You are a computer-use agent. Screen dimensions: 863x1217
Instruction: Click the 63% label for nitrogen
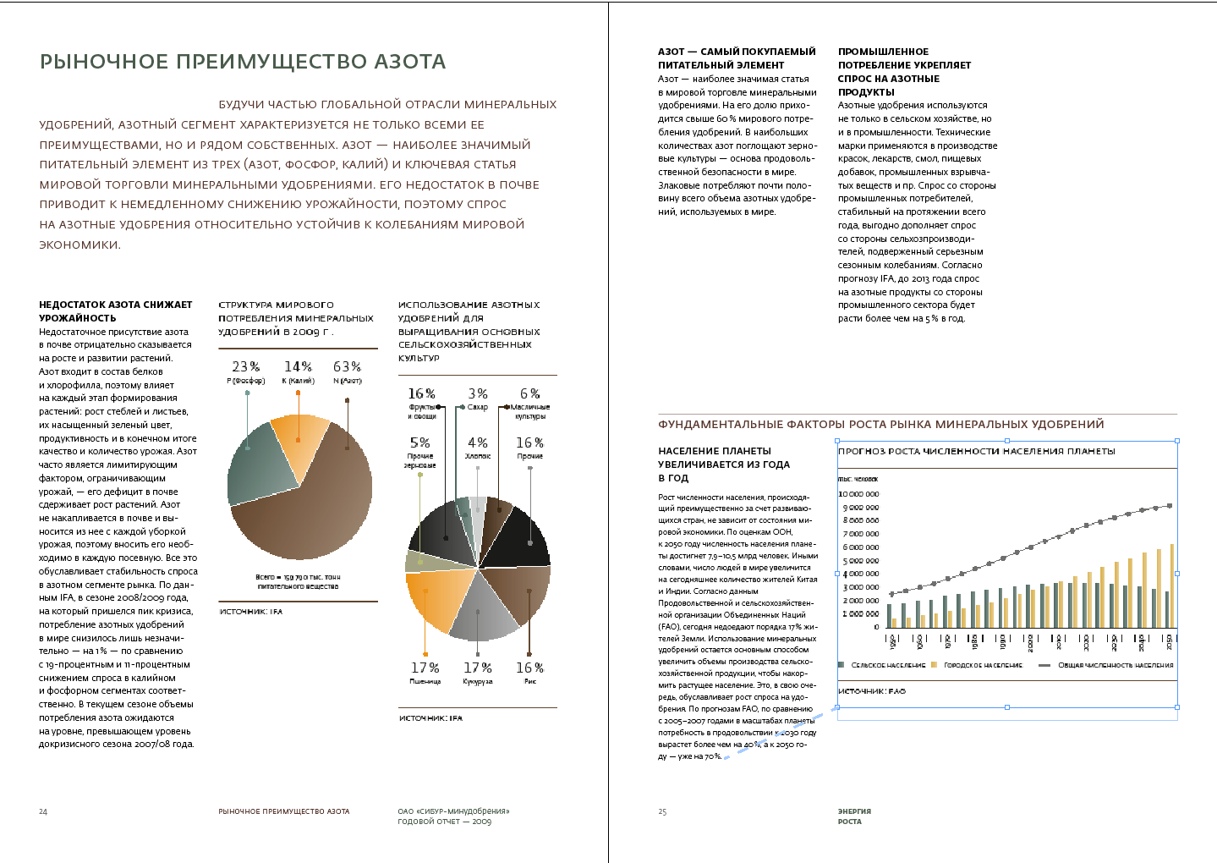tap(347, 367)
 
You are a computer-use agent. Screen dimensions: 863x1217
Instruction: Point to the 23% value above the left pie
tap(246, 367)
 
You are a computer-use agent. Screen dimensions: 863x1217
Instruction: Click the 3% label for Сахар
tap(478, 394)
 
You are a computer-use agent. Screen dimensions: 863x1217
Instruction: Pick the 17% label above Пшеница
tap(425, 668)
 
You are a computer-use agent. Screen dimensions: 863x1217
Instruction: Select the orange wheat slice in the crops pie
tap(438, 600)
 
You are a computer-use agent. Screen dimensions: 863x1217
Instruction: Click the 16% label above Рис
tap(529, 668)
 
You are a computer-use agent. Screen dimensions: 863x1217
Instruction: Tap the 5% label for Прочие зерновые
tap(420, 443)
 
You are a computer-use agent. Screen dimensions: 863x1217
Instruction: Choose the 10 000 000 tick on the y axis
tap(858, 494)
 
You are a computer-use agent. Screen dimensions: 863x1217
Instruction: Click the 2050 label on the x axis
tap(1170, 642)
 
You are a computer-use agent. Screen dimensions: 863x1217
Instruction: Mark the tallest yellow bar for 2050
tap(1172, 585)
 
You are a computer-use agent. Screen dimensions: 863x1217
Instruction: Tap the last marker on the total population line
tap(1170, 506)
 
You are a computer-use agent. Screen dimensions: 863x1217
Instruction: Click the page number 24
tap(43, 812)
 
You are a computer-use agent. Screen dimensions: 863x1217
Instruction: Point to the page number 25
tap(662, 812)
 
